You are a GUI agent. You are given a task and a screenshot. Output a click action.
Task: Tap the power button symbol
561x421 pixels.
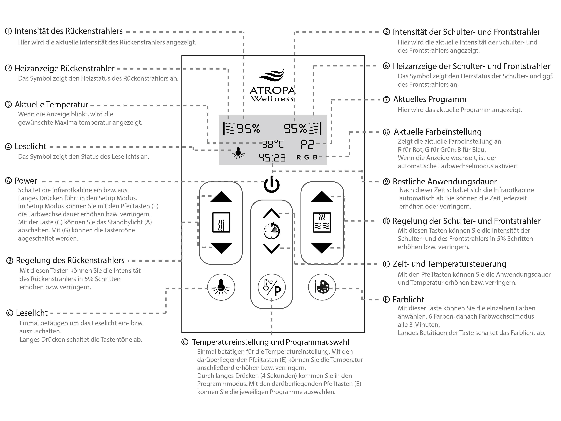click(272, 185)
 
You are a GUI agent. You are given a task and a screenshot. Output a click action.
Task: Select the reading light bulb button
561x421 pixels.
click(221, 287)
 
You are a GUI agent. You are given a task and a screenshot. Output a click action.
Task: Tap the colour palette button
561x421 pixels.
click(322, 287)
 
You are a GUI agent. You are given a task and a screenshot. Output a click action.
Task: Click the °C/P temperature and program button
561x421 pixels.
click(272, 288)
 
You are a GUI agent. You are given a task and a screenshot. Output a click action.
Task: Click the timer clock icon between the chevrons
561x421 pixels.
click(272, 231)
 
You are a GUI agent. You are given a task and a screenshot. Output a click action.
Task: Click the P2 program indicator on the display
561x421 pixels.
click(307, 144)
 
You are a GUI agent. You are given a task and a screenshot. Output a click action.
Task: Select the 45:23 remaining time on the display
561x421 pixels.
click(272, 158)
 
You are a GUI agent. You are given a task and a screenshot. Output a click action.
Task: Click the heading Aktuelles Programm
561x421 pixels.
click(430, 99)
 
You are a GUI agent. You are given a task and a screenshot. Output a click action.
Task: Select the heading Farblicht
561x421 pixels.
click(408, 300)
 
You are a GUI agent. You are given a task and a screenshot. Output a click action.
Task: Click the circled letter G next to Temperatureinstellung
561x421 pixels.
click(185, 342)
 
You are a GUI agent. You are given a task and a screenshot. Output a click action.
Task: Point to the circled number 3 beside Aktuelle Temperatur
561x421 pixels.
click(8, 105)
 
